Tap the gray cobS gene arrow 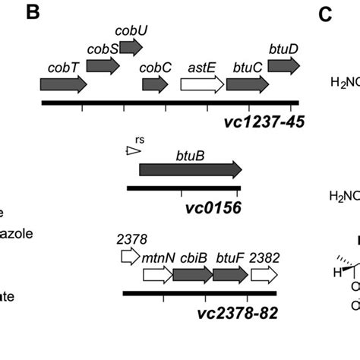tap(103, 66)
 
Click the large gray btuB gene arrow tap(190, 169)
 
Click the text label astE tap(201, 66)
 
